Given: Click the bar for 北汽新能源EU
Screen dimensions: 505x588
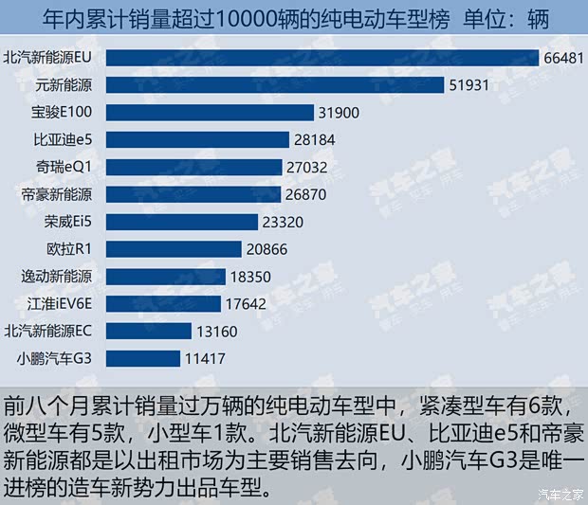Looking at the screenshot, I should pos(322,58).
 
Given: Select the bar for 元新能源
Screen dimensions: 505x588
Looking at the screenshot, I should pos(275,85).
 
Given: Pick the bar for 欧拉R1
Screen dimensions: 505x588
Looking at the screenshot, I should pos(174,249).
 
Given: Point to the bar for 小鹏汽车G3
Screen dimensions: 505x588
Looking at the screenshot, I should pos(142,358).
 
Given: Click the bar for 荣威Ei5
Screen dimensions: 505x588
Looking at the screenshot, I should pos(181,222).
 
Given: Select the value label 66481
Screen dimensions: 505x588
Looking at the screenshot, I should pos(563,58).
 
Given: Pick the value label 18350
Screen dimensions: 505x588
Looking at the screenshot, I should pos(250,277).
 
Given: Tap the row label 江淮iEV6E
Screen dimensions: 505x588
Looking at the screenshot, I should pos(59,304).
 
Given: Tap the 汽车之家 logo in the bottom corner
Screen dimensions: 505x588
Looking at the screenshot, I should pos(559,492).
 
